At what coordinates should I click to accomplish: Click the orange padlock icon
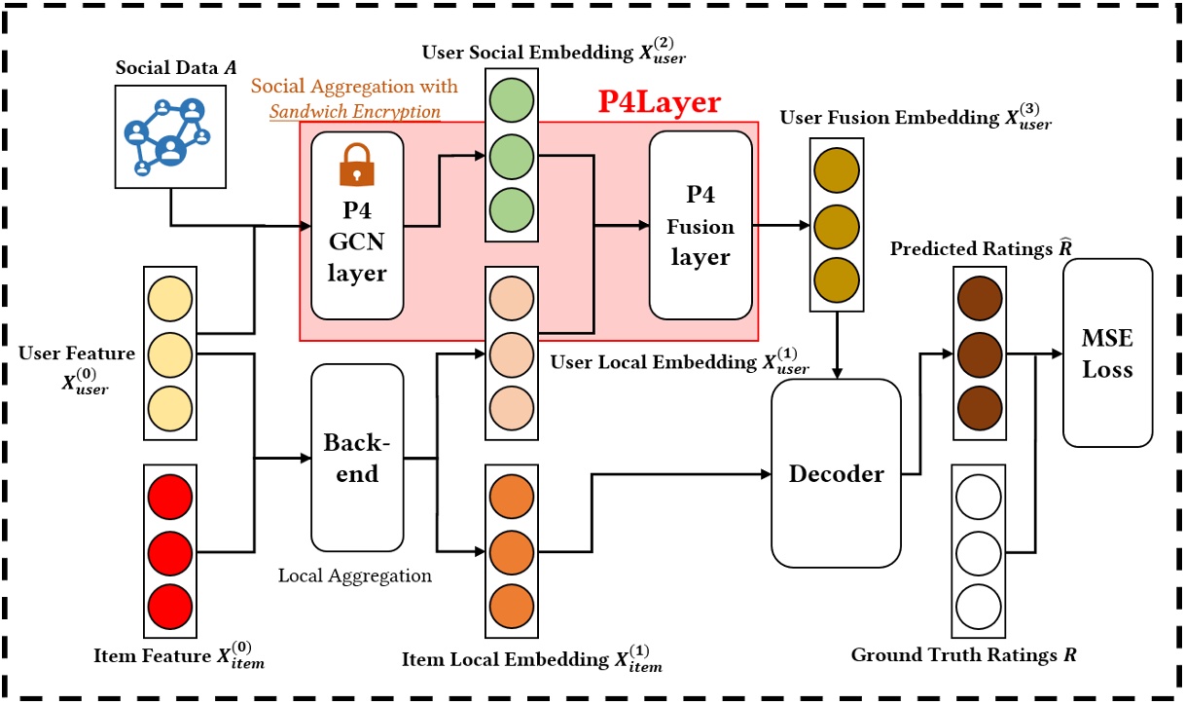coord(357,166)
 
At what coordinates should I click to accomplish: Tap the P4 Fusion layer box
coord(700,225)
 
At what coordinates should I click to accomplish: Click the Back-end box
coord(357,458)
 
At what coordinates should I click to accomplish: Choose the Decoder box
coord(836,474)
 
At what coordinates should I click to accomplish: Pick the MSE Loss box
coord(1107,352)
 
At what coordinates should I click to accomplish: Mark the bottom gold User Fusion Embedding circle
coord(836,278)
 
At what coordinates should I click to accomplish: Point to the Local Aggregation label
coord(354,575)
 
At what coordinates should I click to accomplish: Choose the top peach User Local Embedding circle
coord(511,298)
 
